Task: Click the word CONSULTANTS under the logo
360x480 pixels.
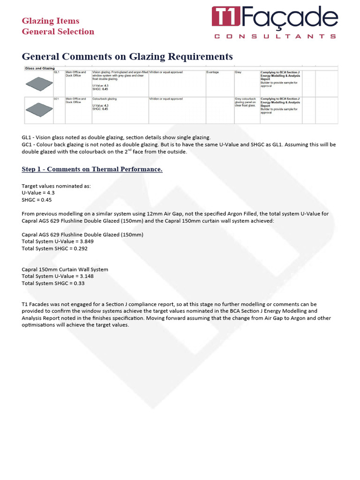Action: point(275,36)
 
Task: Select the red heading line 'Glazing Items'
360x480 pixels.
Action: point(51,21)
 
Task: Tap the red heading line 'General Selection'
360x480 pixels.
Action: point(58,31)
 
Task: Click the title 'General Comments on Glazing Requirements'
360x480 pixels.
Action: point(127,56)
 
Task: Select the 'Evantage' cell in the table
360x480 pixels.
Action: point(213,72)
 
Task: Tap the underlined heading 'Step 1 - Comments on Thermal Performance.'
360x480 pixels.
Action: point(92,169)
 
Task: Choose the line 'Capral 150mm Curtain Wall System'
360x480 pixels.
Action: point(65,270)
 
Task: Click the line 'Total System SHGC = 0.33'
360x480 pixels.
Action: point(53,283)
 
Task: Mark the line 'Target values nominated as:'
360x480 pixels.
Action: point(56,186)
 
